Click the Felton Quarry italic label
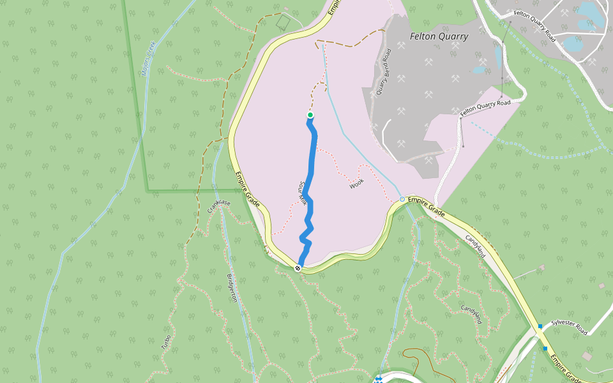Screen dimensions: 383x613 point(439,36)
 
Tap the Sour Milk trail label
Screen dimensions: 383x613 point(302,193)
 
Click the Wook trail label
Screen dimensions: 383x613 point(356,185)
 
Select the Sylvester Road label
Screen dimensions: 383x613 point(569,327)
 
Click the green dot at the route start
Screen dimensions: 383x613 point(310,115)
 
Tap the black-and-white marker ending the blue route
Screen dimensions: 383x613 point(298,268)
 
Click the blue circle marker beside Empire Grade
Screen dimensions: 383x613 point(402,200)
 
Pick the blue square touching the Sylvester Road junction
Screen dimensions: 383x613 point(540,327)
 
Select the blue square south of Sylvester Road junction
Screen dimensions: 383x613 point(545,349)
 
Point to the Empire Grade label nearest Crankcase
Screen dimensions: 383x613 point(247,190)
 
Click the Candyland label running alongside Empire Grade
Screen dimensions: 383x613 point(476,246)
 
